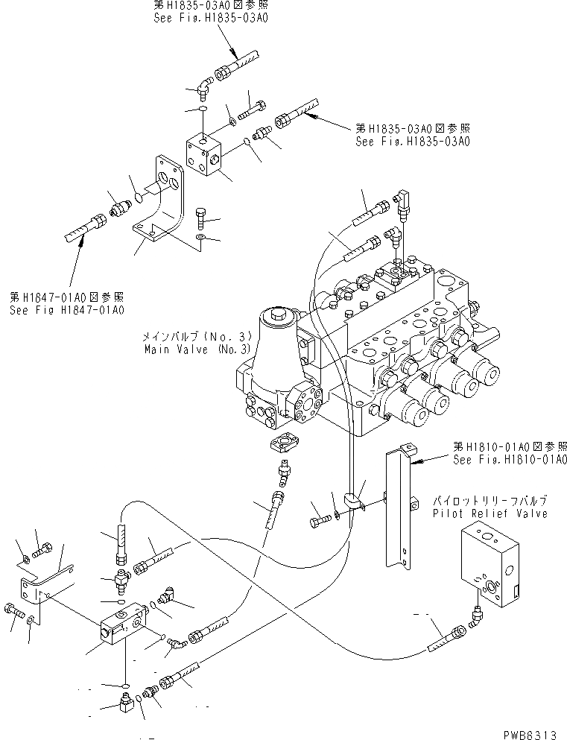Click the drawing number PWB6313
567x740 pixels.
tap(528, 733)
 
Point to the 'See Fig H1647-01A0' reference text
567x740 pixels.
tap(66, 310)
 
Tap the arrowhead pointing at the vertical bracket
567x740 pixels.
tap(416, 462)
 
